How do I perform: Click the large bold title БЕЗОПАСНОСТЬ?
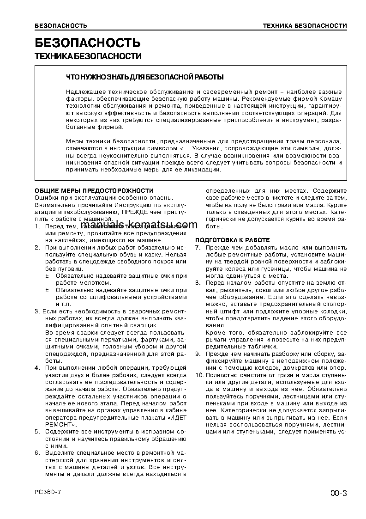87,43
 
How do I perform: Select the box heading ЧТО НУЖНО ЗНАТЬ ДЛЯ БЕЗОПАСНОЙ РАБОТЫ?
145,77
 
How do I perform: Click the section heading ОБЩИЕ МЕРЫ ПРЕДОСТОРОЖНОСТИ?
94,190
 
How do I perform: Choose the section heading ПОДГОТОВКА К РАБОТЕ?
232,240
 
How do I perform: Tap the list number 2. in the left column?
37,248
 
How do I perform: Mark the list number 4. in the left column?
37,367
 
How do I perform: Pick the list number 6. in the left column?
37,452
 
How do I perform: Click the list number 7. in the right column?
198,248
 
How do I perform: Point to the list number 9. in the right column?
198,354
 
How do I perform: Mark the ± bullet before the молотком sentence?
47,275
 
